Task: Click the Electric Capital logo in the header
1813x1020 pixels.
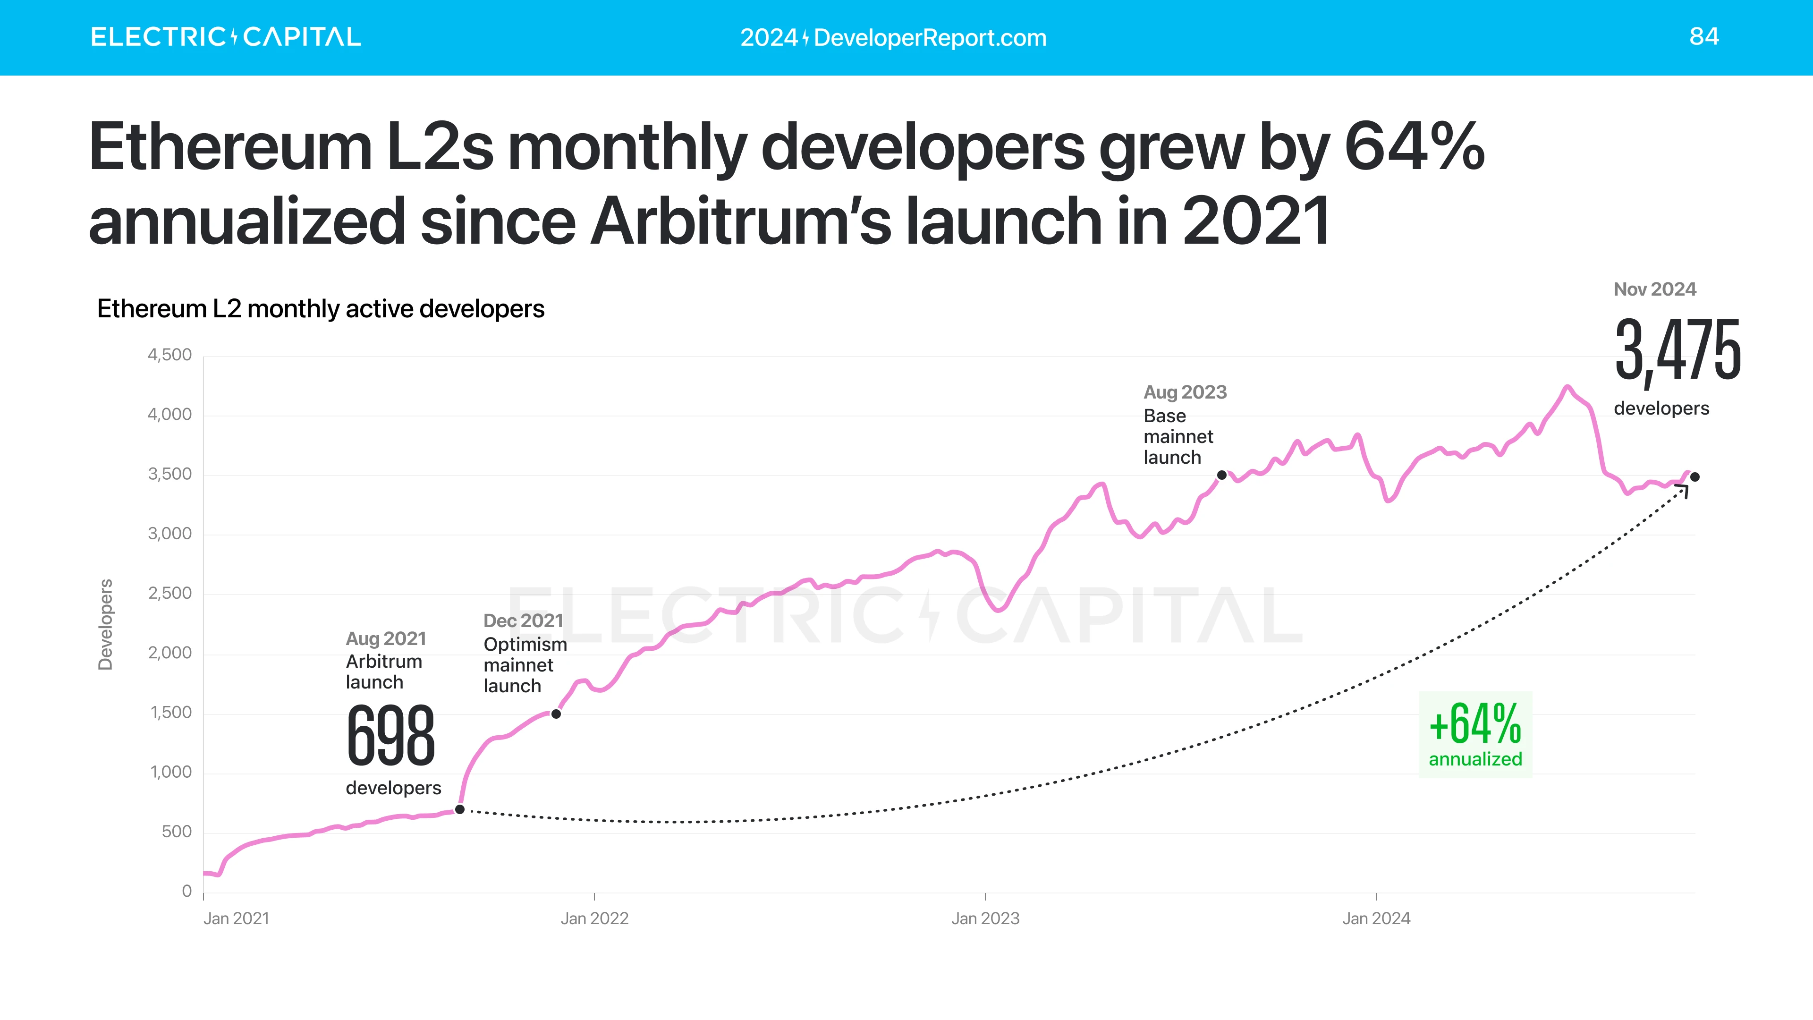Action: click(x=225, y=37)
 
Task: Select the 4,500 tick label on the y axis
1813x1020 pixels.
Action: click(x=169, y=355)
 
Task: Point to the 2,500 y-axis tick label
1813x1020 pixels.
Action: click(x=169, y=594)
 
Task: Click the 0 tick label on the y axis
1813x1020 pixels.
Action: click(x=186, y=891)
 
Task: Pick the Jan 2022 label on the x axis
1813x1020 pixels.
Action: click(x=594, y=918)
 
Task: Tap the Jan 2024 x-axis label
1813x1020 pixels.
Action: click(x=1376, y=918)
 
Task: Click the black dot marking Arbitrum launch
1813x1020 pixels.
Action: click(x=459, y=809)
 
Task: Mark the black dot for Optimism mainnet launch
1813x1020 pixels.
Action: click(x=556, y=714)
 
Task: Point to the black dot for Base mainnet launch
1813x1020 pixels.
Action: click(x=1222, y=475)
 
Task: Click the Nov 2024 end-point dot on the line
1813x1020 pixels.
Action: click(x=1695, y=477)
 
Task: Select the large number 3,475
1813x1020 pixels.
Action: click(x=1677, y=350)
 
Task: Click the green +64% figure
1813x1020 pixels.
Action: click(x=1475, y=724)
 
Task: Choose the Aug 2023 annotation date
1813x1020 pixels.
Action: click(x=1185, y=392)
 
